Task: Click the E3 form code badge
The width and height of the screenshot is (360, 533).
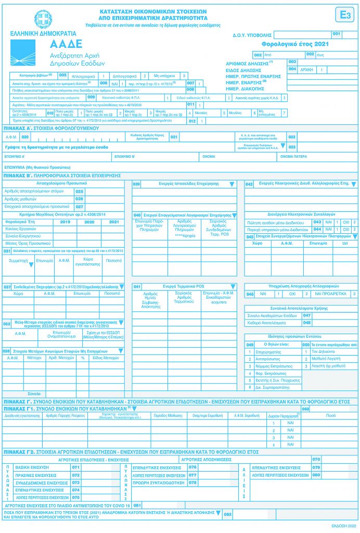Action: click(344, 15)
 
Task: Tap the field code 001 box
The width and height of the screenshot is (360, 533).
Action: click(336, 34)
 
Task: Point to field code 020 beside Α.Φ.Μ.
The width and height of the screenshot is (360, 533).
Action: click(24, 136)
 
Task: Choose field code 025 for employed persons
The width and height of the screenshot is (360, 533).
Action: click(80, 192)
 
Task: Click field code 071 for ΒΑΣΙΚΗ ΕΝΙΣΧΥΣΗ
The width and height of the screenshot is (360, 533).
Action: click(75, 467)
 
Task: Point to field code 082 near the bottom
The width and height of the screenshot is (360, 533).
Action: click(227, 514)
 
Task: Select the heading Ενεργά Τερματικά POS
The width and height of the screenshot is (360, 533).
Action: click(184, 286)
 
